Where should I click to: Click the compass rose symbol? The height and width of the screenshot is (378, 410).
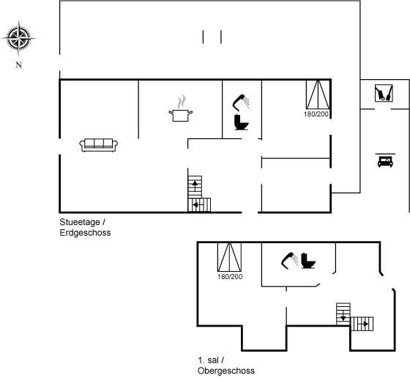(18, 38)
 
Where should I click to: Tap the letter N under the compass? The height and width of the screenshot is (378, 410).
(18, 65)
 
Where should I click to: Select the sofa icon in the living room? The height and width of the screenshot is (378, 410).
(99, 145)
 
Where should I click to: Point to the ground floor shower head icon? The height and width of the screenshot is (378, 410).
(241, 103)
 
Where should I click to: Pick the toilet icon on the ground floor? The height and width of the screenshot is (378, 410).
(241, 122)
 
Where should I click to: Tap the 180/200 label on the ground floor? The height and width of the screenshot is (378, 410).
(316, 114)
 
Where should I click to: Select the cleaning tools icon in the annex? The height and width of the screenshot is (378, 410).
(384, 93)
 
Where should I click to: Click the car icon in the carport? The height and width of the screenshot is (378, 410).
(385, 160)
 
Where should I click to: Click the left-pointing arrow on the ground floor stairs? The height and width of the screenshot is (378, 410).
(198, 205)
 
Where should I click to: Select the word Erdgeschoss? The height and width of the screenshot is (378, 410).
(85, 232)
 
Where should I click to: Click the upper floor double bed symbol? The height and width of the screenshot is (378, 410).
(229, 257)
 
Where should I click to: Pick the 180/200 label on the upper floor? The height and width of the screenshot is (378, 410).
(230, 276)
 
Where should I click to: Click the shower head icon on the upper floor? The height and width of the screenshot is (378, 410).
(289, 260)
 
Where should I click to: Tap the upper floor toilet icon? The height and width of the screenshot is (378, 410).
(308, 261)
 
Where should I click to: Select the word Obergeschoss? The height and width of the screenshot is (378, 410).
(226, 371)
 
